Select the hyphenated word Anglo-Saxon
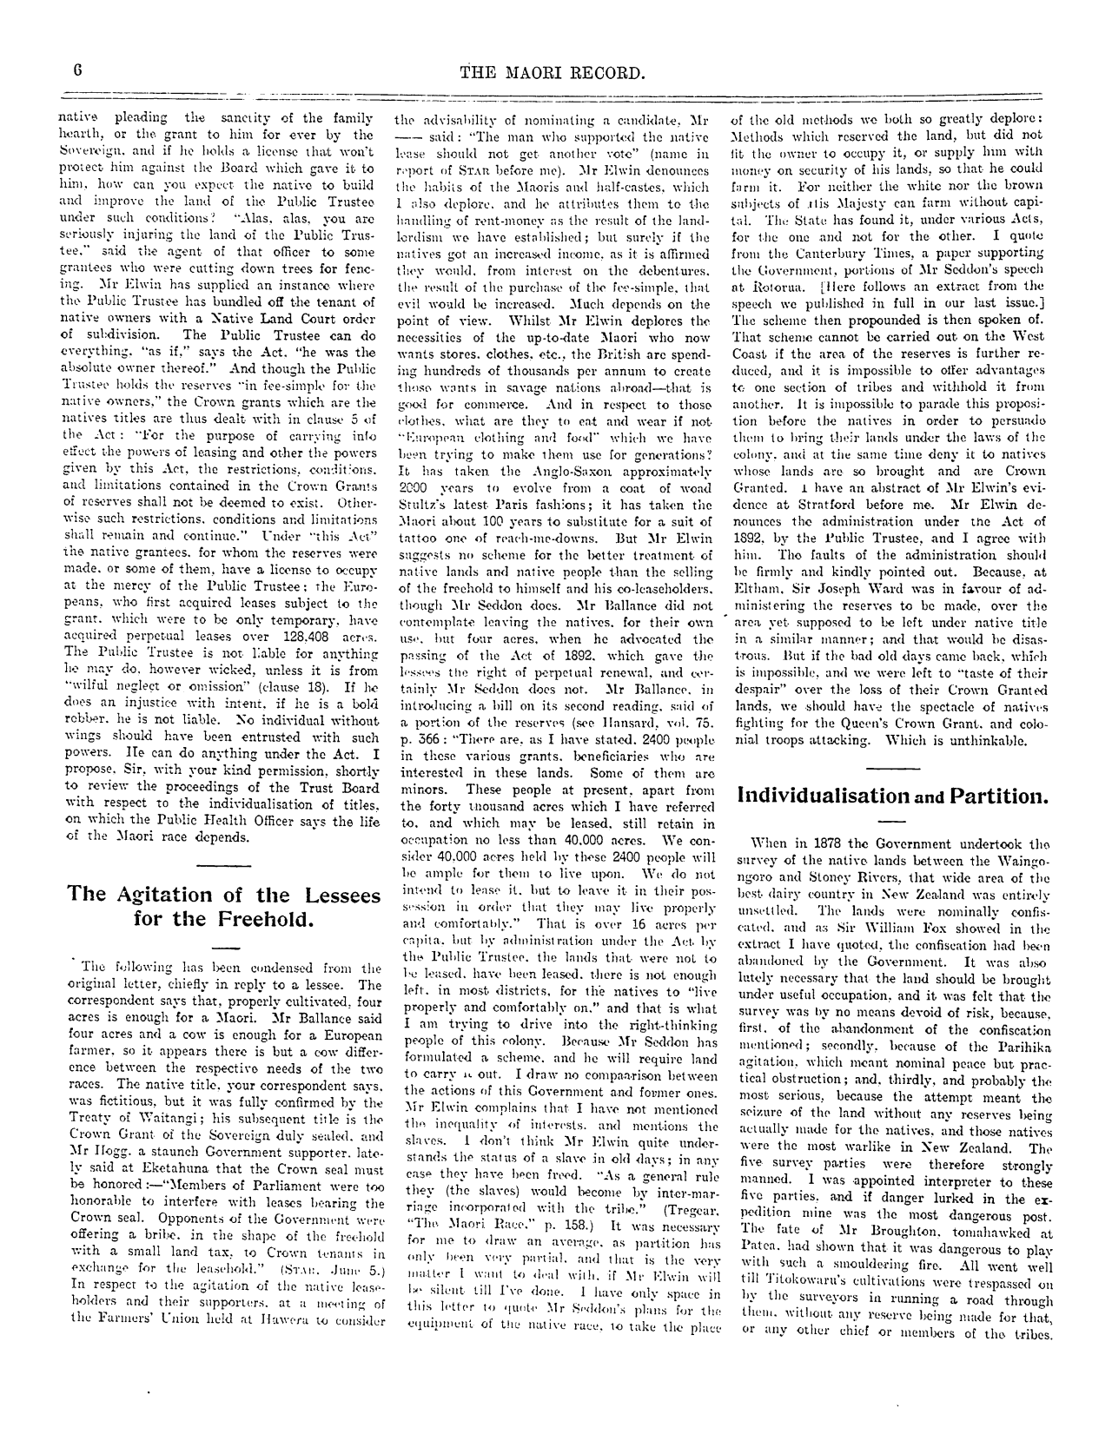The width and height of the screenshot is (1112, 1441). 503,490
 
